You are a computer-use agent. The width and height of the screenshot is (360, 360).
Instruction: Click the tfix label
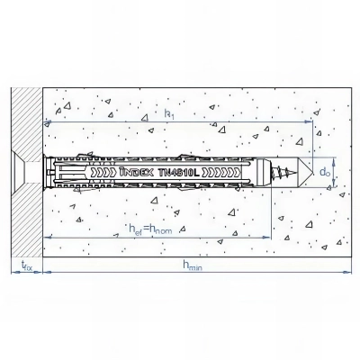tap(27, 266)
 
